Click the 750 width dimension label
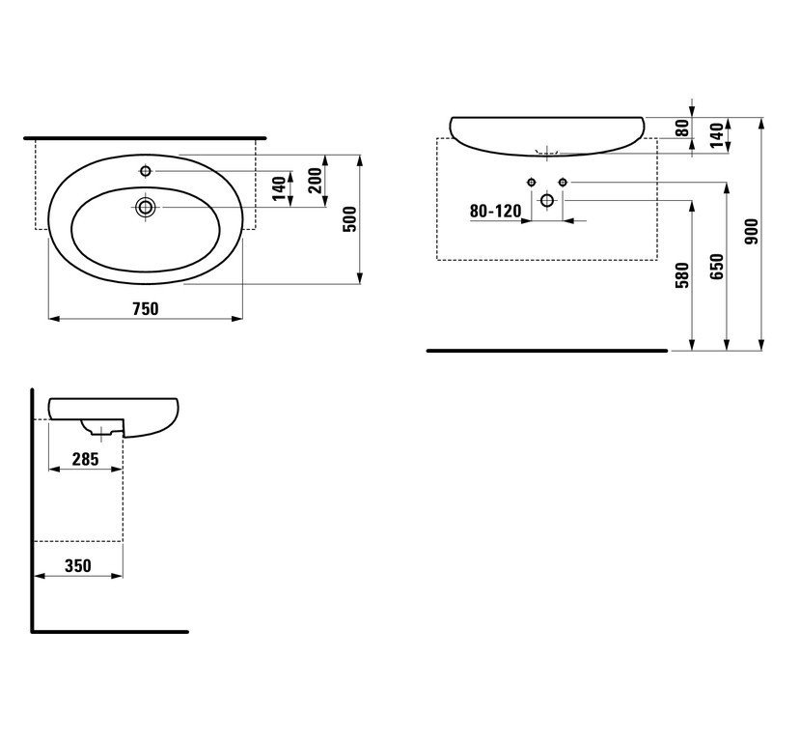coord(146,308)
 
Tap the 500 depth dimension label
coord(350,219)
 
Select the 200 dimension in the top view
coord(315,181)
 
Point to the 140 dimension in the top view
coord(279,188)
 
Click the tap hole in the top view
coord(146,171)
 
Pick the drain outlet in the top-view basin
coord(146,207)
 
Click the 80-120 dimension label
coord(495,211)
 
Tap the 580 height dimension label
coord(682,274)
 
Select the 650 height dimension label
coord(717,266)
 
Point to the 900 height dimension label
coord(752,231)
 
